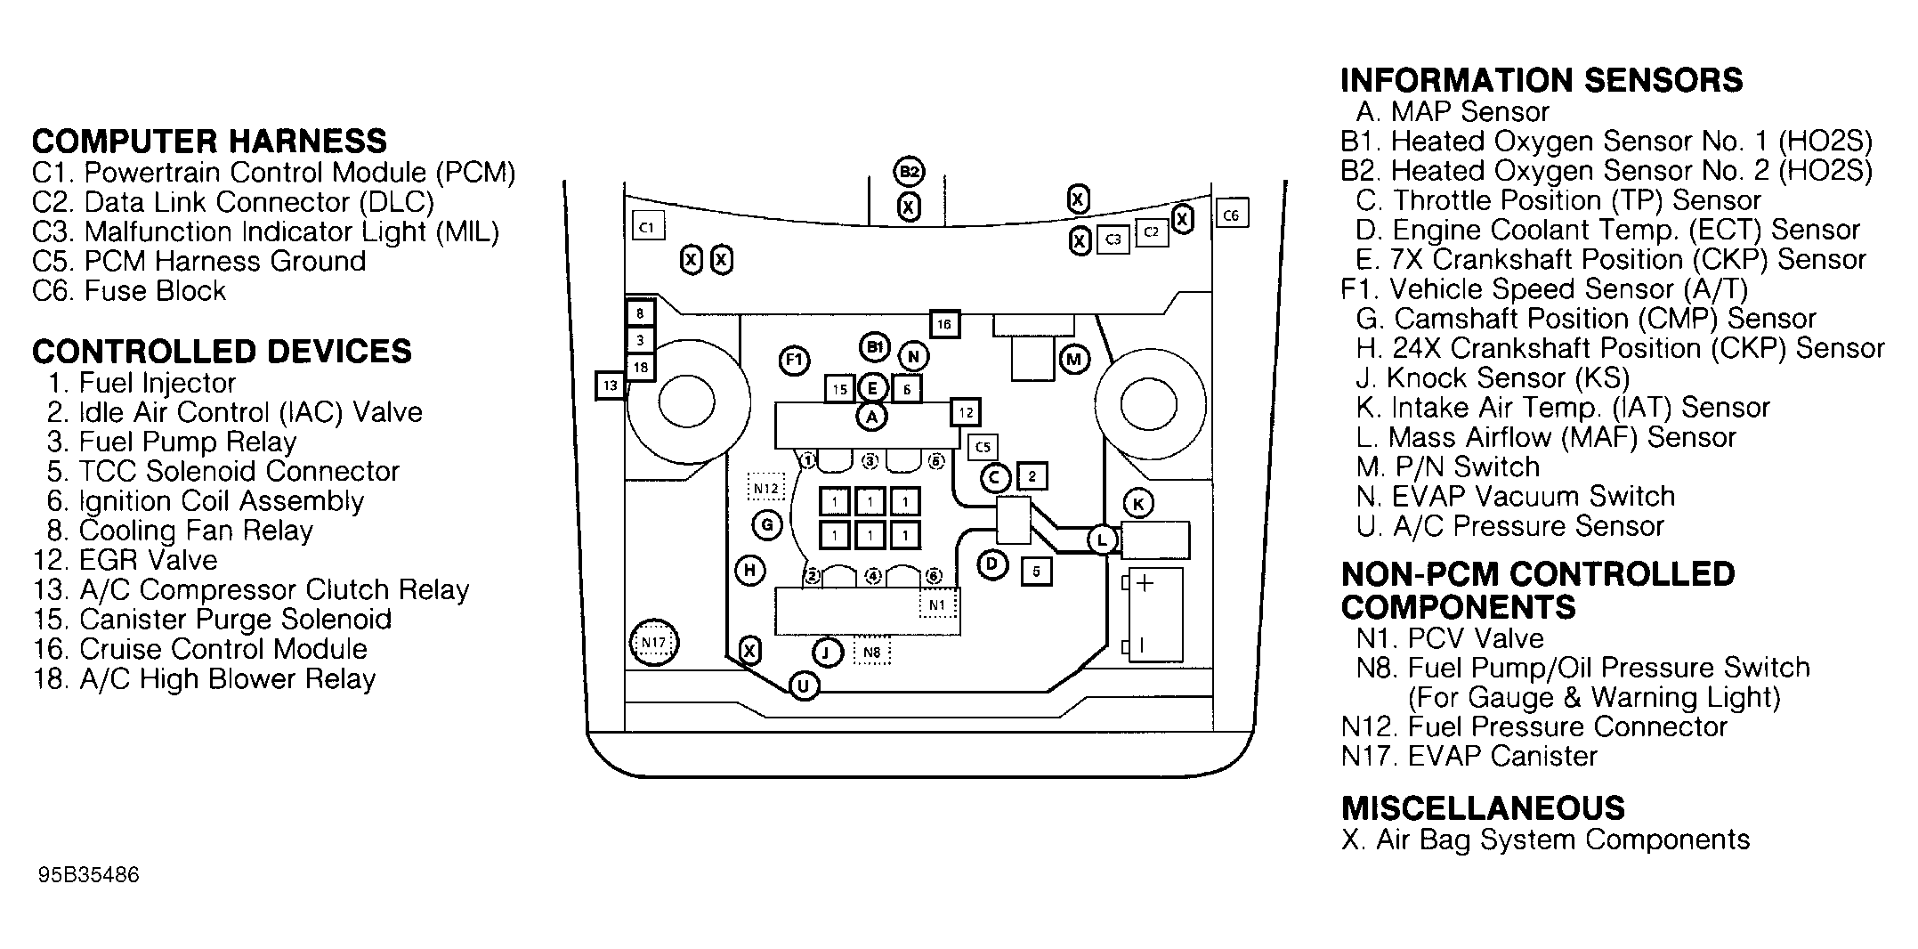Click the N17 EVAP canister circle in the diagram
(x=653, y=643)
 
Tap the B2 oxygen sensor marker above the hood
(x=908, y=172)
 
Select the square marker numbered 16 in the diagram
(x=944, y=324)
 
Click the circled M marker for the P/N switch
(x=1073, y=360)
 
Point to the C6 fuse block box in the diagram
(x=1232, y=215)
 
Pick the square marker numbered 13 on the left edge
(x=610, y=385)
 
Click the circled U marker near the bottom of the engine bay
(x=804, y=686)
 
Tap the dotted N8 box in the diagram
(x=871, y=653)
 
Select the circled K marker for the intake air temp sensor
(x=1137, y=504)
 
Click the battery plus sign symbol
(x=1145, y=584)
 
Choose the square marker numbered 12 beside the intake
(x=966, y=412)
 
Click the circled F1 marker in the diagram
(x=794, y=361)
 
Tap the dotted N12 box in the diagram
(x=765, y=488)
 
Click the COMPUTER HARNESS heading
(x=209, y=142)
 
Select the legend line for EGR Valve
(x=125, y=560)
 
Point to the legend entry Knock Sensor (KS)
(x=1492, y=378)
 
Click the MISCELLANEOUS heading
(x=1483, y=808)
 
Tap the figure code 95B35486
(x=88, y=875)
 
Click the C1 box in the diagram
(x=648, y=227)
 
